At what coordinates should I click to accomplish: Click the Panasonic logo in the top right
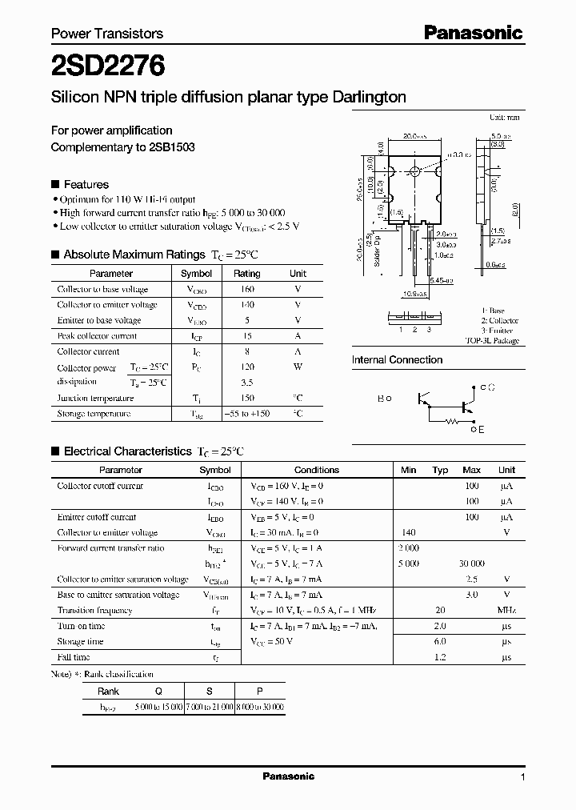(x=473, y=33)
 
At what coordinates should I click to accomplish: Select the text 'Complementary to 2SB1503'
(x=122, y=147)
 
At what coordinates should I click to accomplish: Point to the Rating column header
(x=246, y=273)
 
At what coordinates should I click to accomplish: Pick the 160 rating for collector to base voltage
(x=246, y=289)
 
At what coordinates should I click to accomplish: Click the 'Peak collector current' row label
(x=97, y=336)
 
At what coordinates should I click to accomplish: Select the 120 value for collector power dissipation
(x=246, y=367)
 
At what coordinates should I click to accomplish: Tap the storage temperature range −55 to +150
(x=246, y=414)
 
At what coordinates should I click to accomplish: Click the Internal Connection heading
(x=397, y=360)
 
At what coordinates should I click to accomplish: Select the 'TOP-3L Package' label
(x=492, y=340)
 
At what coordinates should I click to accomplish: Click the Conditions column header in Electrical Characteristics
(x=317, y=470)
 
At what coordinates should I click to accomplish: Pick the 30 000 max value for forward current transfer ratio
(x=471, y=563)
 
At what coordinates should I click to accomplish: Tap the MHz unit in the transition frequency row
(x=506, y=610)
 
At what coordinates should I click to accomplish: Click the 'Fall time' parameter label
(x=74, y=657)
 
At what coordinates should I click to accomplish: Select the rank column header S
(x=210, y=691)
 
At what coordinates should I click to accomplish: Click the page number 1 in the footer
(x=522, y=777)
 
